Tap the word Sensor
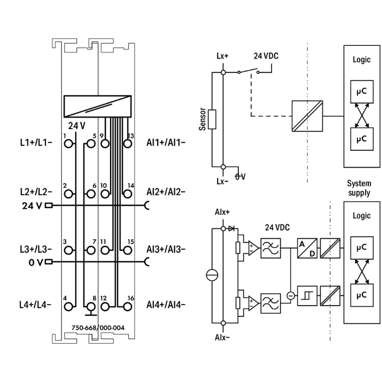point(202,119)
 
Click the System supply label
point(359,188)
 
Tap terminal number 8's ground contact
point(91,307)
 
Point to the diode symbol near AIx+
point(233,229)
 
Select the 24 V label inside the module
point(77,125)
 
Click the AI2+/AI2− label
point(166,192)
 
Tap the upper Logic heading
point(362,59)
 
